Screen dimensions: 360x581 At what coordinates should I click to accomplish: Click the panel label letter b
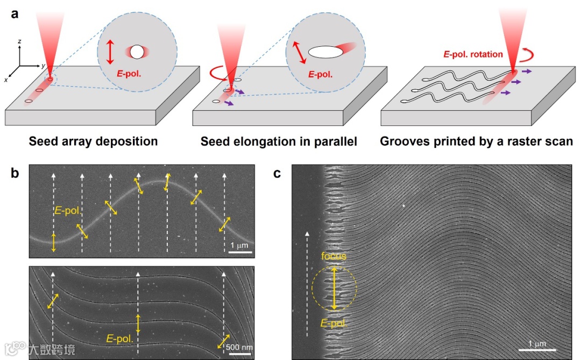coord(15,173)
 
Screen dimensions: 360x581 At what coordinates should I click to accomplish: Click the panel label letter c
coord(278,173)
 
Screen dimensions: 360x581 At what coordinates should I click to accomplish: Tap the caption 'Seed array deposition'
coord(93,142)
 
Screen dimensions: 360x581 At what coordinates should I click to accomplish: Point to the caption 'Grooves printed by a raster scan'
coord(476,142)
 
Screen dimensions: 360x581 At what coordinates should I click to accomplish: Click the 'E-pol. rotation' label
coord(472,54)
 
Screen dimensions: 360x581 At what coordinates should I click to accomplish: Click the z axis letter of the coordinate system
coord(19,41)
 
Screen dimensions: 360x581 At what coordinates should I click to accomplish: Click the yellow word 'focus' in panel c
coord(334,256)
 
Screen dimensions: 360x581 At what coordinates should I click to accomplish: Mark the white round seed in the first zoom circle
coord(137,52)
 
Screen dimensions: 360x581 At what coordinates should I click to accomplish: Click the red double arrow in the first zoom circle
coord(110,52)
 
